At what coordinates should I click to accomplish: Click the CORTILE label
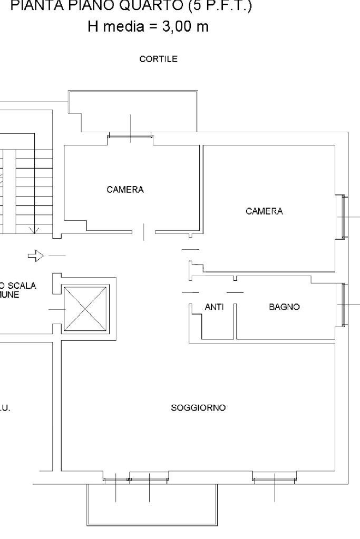click(158, 60)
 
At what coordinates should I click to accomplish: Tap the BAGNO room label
click(285, 307)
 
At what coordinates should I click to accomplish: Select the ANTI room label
click(214, 307)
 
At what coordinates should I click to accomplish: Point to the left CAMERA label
click(125, 190)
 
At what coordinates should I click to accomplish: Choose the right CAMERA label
click(264, 211)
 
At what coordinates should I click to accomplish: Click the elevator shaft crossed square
click(85, 308)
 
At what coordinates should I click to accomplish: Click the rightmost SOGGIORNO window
click(274, 477)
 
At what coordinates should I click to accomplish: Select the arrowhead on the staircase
click(35, 230)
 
